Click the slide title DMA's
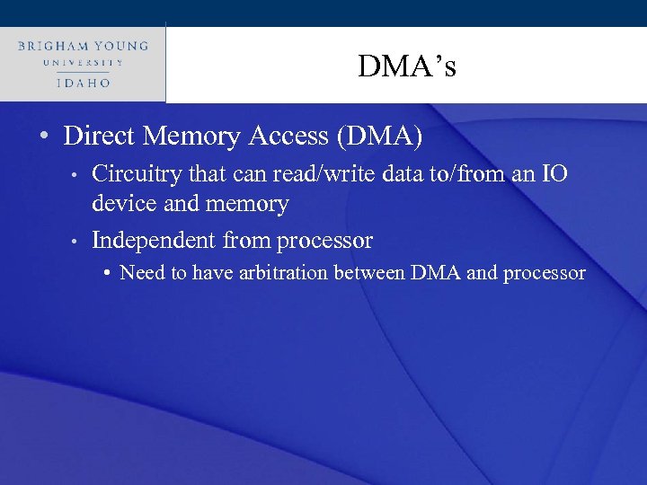[x=406, y=66]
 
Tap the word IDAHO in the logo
[x=82, y=82]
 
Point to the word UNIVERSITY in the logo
[x=82, y=63]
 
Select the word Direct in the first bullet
[x=98, y=137]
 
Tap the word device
[x=122, y=204]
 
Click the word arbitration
[x=283, y=273]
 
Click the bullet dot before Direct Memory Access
[x=43, y=137]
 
